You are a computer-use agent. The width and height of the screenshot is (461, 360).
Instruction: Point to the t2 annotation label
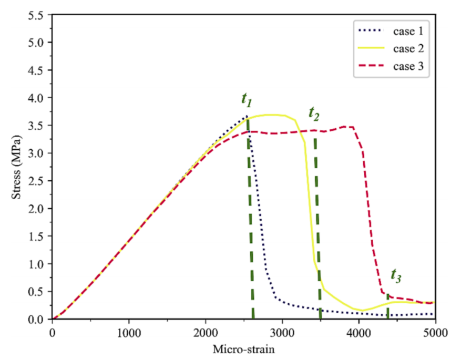click(314, 113)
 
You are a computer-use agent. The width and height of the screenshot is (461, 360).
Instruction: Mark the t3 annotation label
click(396, 275)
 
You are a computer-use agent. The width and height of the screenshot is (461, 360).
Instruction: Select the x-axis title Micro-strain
click(244, 348)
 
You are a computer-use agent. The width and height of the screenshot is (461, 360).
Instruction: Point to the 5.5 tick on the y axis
click(38, 15)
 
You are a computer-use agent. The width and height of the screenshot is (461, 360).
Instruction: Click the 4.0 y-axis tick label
click(38, 98)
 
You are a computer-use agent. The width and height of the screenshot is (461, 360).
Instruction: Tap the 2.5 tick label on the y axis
click(38, 181)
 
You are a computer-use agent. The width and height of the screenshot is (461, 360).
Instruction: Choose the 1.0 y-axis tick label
click(38, 264)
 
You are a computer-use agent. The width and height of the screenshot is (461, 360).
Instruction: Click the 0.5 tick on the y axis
click(38, 292)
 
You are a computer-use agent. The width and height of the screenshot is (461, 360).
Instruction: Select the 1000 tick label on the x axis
click(129, 332)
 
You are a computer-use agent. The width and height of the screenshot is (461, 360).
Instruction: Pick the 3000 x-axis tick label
click(282, 332)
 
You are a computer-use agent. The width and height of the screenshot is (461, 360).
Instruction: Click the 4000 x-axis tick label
click(359, 332)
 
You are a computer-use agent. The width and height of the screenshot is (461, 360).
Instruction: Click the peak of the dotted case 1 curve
click(246, 116)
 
